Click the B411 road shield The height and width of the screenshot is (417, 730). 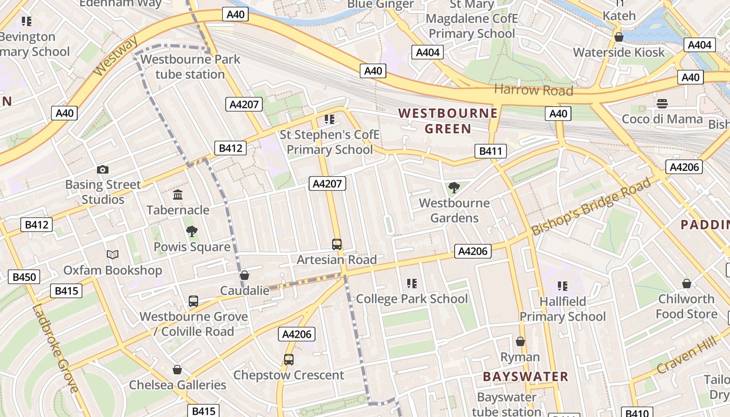491,152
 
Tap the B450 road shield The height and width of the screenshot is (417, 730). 24,277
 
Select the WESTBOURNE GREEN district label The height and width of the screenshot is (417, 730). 448,121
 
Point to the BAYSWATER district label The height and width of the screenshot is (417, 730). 525,377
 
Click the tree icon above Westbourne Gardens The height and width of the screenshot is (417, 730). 454,188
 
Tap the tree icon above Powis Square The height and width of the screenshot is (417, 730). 191,231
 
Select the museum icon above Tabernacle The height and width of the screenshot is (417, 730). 178,195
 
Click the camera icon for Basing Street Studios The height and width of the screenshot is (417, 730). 103,169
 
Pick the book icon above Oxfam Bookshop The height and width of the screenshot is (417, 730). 113,255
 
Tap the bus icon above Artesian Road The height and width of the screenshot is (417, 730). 337,244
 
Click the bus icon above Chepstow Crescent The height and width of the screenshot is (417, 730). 288,360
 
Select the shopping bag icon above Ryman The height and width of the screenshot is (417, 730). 520,342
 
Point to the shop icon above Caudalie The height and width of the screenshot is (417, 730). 244,275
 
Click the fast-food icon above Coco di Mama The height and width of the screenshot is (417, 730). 662,103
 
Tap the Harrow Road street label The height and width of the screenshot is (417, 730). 533,90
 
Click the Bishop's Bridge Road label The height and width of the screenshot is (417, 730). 591,206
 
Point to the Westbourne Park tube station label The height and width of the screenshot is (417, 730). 190,67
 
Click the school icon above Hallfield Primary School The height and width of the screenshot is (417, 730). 562,286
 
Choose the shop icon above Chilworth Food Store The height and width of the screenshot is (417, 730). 686,284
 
